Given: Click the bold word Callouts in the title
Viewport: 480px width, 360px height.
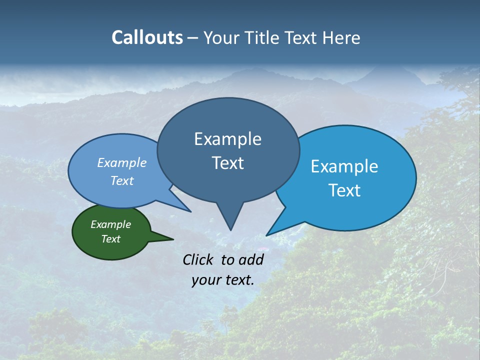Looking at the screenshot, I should [147, 37].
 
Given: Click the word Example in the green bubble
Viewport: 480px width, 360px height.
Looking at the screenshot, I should [110, 224].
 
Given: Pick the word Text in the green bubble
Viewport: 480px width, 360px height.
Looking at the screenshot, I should [110, 239].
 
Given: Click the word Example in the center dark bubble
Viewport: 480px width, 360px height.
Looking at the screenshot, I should [227, 139].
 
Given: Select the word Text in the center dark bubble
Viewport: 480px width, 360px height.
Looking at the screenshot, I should [227, 163].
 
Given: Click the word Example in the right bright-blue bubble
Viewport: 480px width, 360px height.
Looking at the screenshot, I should [344, 166].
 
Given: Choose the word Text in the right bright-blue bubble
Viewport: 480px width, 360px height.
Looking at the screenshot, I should [344, 190].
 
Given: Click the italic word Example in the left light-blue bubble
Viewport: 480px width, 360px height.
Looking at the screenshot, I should [121, 162].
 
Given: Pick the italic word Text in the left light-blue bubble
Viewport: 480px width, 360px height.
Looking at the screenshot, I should [121, 180].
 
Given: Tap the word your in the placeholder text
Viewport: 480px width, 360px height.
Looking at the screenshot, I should [205, 280].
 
